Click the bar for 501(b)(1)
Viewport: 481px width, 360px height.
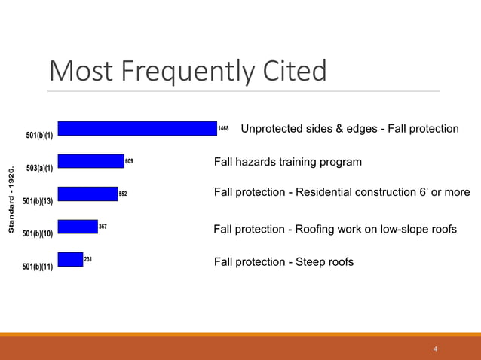pyautogui.click(x=136, y=129)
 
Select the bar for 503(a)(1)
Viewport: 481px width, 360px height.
pyautogui.click(x=90, y=161)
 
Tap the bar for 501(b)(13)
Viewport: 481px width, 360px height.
pyautogui.click(x=87, y=194)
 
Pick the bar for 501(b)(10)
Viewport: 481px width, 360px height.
pyautogui.click(x=78, y=227)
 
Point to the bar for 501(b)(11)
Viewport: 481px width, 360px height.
pyautogui.click(x=70, y=259)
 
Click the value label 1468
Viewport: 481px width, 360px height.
pyautogui.click(x=223, y=129)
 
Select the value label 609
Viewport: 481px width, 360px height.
pyautogui.click(x=130, y=161)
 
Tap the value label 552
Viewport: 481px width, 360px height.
pyautogui.click(x=123, y=194)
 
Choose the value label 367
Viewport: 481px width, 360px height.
pyautogui.click(x=103, y=226)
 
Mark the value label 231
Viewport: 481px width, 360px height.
pyautogui.click(x=88, y=258)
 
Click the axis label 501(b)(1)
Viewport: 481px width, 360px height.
pyautogui.click(x=39, y=136)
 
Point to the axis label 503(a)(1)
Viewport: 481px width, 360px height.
pyautogui.click(x=39, y=168)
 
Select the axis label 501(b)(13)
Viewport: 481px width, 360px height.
pyautogui.click(x=38, y=201)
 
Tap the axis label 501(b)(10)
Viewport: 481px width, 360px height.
pyautogui.click(x=38, y=233)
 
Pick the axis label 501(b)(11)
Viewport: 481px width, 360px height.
pyautogui.click(x=38, y=266)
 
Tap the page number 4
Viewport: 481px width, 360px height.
pyautogui.click(x=436, y=349)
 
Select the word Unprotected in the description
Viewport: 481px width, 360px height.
pyautogui.click(x=274, y=129)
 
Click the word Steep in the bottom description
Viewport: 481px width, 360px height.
pyautogui.click(x=314, y=261)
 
